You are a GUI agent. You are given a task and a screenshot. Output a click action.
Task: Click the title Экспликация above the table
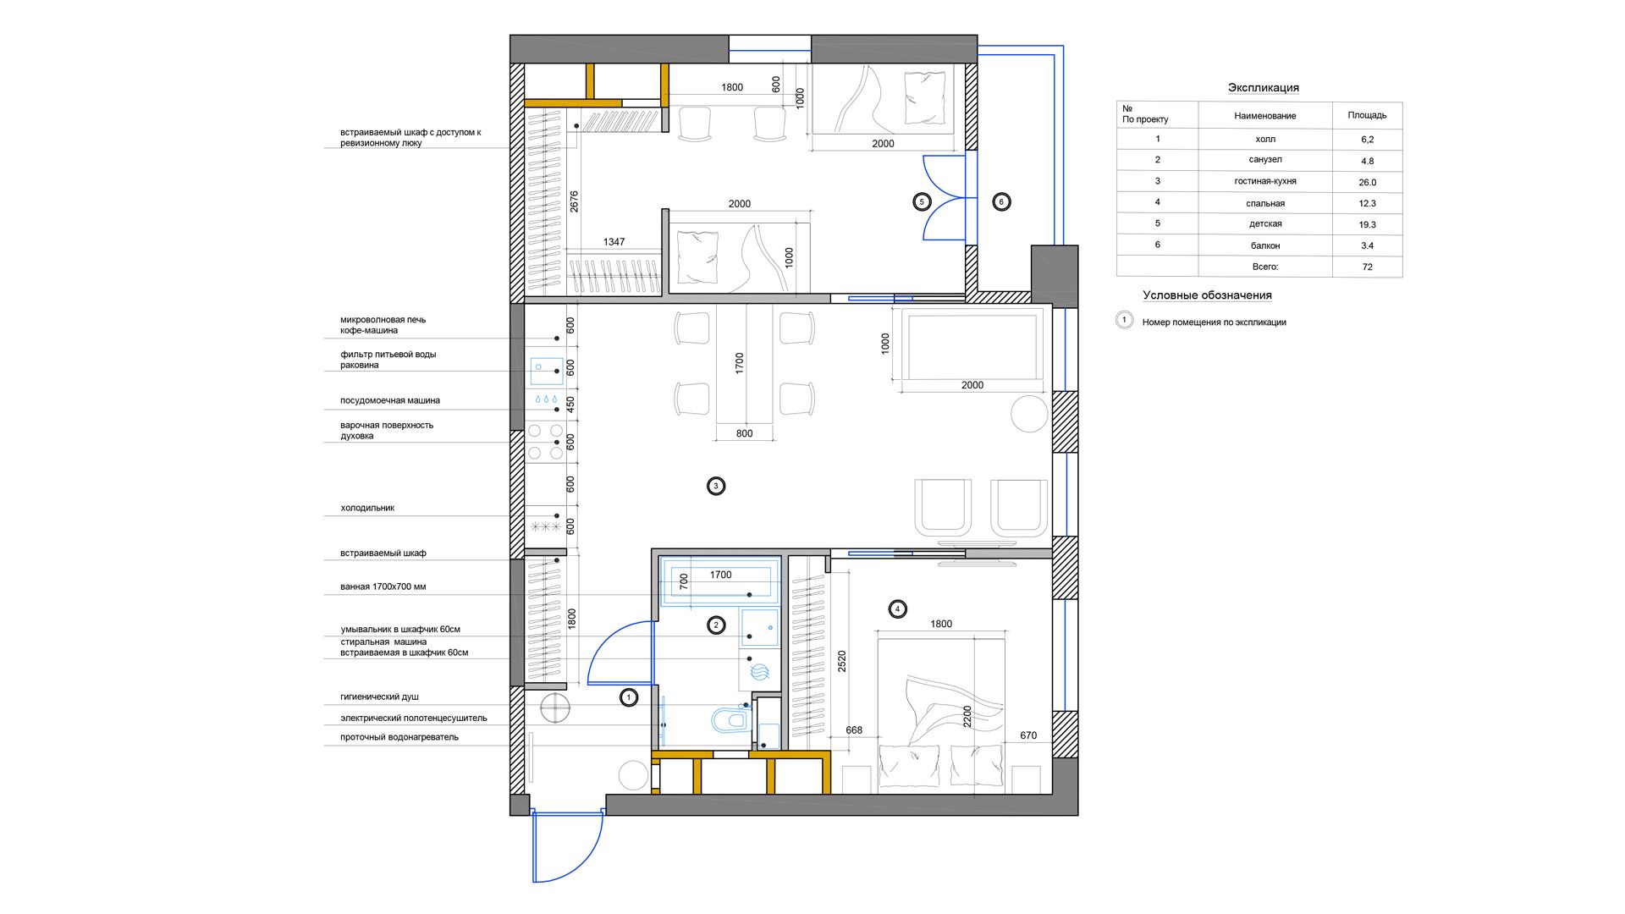point(1263,87)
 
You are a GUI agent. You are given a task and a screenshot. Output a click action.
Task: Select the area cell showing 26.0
point(1367,182)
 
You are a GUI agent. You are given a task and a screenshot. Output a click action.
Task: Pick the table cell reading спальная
point(1265,203)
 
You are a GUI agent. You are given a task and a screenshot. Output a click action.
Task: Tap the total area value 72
point(1367,267)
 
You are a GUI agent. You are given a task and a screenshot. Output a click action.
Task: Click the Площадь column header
point(1367,115)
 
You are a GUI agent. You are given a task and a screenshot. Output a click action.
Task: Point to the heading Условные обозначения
point(1207,295)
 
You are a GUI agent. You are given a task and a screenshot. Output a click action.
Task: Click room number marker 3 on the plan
point(716,486)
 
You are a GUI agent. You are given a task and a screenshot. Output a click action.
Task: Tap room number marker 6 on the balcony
point(1001,201)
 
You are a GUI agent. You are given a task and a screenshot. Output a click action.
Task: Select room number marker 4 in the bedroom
point(897,608)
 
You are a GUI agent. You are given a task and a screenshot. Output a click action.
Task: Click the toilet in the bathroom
point(730,719)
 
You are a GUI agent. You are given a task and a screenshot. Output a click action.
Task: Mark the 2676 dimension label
point(574,201)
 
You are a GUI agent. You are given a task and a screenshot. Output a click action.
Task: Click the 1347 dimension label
point(614,242)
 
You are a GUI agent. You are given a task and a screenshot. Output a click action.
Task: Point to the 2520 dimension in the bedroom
point(841,661)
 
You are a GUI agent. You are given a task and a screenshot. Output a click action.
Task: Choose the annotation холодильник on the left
point(367,508)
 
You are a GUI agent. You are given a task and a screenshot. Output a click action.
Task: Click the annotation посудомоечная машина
point(390,400)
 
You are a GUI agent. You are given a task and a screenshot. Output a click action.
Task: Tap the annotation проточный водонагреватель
point(399,737)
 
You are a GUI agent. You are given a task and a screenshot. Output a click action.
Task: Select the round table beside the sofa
point(1029,414)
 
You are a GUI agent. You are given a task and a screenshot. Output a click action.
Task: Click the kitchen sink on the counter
point(546,371)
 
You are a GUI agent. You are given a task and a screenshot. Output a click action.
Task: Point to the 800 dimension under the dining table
point(744,433)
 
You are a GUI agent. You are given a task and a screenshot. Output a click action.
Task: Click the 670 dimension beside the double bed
point(1028,735)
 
